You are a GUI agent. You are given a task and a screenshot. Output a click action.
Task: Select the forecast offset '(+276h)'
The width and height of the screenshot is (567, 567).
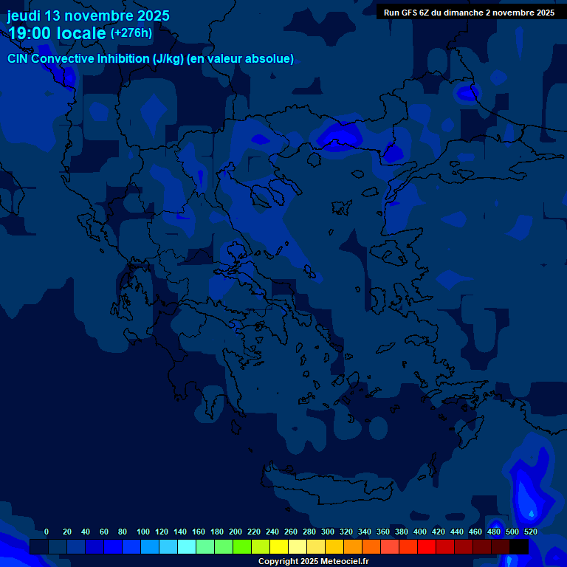pos(131,33)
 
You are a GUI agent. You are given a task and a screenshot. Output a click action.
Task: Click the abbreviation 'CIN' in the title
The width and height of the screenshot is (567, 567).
pos(18,58)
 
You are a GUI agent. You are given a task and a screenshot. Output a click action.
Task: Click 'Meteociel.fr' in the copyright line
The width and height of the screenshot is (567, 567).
pos(345,561)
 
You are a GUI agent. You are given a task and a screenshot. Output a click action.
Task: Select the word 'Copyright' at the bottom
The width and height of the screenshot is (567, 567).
pos(278,561)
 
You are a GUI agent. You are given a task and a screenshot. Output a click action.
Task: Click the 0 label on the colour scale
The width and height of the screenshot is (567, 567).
pos(47,532)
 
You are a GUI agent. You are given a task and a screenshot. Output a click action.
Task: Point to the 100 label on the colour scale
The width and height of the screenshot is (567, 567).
pos(142,532)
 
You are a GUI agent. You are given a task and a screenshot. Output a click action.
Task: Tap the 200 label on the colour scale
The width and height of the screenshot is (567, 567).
pos(236,532)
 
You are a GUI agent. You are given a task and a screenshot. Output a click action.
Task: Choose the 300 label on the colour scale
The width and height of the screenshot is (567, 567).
pos(328,532)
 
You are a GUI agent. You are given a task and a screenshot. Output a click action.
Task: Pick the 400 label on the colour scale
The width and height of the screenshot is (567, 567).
pos(420,532)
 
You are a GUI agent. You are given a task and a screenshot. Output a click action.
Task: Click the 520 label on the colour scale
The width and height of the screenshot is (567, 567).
pos(530,532)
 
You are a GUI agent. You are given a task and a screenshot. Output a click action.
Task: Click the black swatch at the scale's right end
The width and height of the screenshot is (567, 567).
pos(519,547)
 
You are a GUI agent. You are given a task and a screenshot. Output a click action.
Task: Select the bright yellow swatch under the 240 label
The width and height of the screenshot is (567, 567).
pos(279,547)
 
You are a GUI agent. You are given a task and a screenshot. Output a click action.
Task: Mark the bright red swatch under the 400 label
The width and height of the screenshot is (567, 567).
pos(427,547)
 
